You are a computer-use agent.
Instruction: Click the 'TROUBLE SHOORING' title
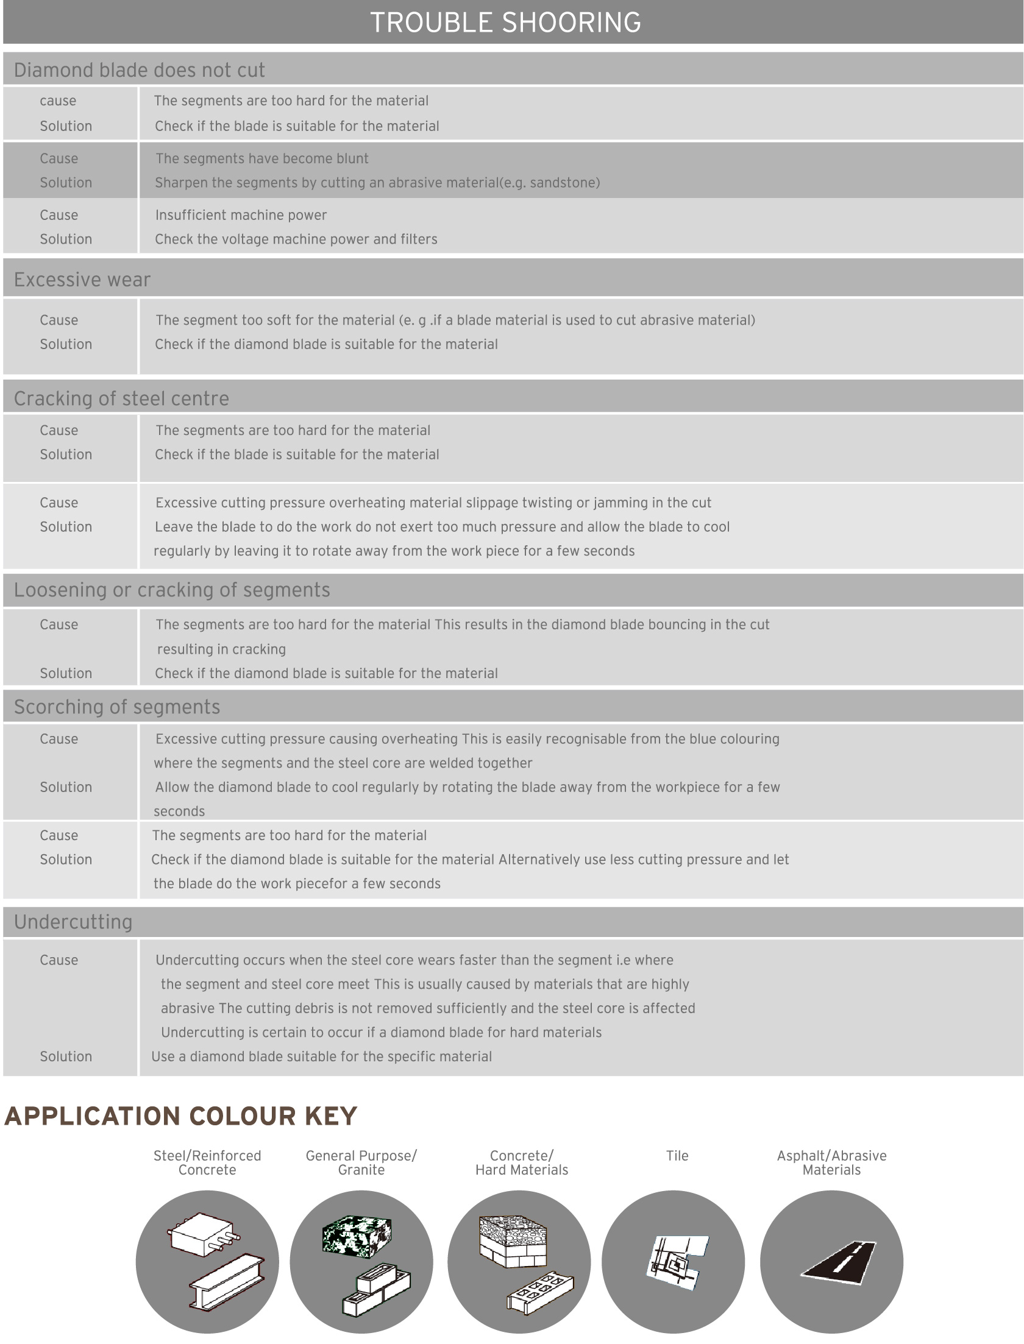click(x=505, y=23)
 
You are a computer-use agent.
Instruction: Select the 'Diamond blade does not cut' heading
click(x=140, y=70)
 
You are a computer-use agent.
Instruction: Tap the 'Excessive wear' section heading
click(x=82, y=280)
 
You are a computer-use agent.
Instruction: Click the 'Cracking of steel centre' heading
click(x=121, y=398)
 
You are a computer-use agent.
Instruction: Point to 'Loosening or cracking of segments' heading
click(x=172, y=590)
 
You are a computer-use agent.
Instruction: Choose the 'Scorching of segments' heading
click(x=117, y=707)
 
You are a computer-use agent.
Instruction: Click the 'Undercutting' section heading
click(x=73, y=922)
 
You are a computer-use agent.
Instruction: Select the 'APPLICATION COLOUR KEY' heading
click(x=180, y=1116)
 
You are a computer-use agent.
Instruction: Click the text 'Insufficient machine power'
click(x=241, y=215)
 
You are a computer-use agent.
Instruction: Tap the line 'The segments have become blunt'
click(x=261, y=158)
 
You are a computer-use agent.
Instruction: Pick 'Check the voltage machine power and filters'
click(x=296, y=239)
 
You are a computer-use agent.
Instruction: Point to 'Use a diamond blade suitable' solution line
click(x=321, y=1056)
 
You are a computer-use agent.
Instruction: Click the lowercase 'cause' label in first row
click(x=58, y=101)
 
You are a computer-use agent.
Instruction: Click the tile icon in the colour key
click(x=677, y=1262)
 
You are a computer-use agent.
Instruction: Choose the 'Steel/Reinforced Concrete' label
click(x=207, y=1162)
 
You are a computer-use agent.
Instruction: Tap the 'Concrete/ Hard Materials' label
click(x=522, y=1162)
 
